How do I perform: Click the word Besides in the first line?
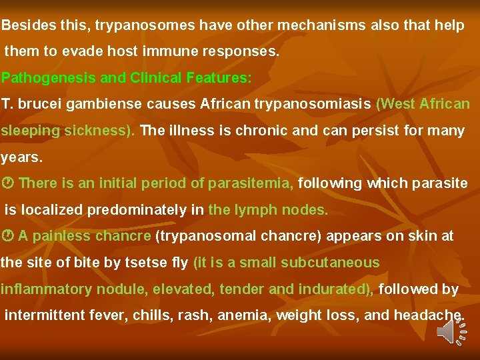point(25,26)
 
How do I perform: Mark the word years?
point(21,158)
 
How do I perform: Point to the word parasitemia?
point(251,183)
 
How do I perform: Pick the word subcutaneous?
point(330,263)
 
